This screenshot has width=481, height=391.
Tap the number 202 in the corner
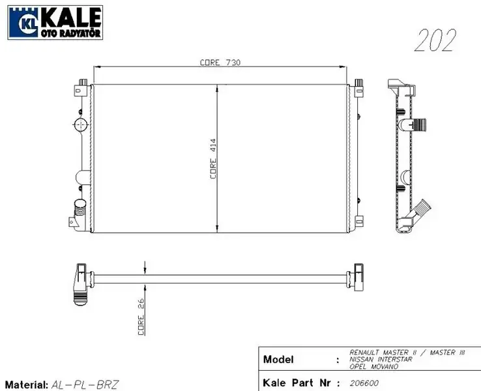coord(435,40)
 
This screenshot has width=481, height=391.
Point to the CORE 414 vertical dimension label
coord(212,160)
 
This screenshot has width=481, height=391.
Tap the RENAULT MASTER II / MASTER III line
coord(407,353)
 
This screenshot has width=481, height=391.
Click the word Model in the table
coord(278,360)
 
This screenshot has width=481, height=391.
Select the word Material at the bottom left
coord(26,384)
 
